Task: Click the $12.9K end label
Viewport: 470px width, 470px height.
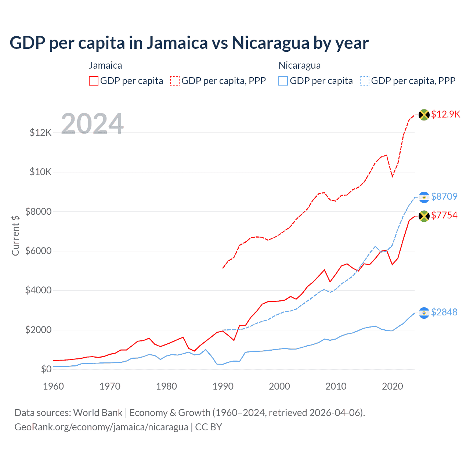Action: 445,114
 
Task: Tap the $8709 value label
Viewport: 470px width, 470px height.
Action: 444,196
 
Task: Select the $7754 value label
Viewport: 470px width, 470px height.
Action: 444,215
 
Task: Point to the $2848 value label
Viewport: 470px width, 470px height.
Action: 444,312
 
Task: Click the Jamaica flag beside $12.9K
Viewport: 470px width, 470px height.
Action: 424,115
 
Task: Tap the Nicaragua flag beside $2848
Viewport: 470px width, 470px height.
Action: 424,313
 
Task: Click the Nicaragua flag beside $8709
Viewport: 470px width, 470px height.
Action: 424,197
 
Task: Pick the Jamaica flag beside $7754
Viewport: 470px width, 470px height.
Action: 424,216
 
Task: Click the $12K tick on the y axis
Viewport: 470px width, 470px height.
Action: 40,133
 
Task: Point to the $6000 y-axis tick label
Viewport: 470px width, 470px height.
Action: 38,251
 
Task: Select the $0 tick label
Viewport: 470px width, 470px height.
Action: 46,369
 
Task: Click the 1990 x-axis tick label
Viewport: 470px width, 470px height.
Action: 223,386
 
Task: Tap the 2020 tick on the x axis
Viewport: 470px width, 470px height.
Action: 393,386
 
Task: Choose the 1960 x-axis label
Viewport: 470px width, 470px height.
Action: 54,386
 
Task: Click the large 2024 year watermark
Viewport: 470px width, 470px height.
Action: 92,123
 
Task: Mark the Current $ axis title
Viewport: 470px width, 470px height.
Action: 15,235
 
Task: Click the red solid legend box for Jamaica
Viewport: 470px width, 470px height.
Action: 94,81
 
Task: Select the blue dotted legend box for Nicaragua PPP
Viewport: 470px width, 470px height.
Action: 365,81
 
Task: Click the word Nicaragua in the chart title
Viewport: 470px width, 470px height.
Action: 270,43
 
